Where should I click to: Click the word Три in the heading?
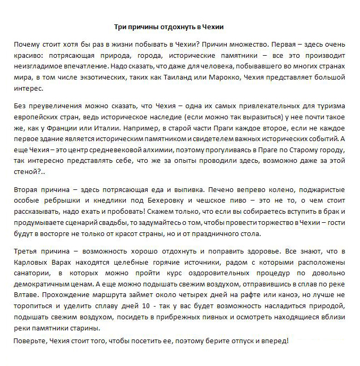(121, 27)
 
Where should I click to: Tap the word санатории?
(32, 273)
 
